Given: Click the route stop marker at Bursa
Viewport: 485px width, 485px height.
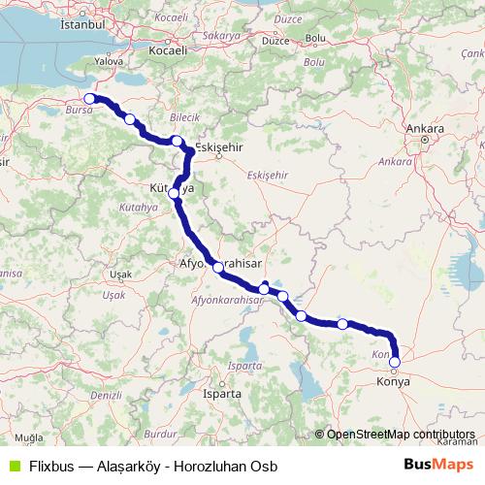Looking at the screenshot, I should click(90, 98).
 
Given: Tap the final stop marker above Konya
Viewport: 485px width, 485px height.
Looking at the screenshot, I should click(394, 363).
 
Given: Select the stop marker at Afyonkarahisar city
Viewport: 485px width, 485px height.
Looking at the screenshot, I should click(218, 267).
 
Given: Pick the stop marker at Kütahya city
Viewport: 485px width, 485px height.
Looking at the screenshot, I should click(175, 193).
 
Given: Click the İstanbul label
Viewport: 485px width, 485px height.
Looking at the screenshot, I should click(81, 20).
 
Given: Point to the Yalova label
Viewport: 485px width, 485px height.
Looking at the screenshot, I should click(109, 59).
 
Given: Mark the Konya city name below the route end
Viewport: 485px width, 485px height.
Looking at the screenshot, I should click(394, 382).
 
